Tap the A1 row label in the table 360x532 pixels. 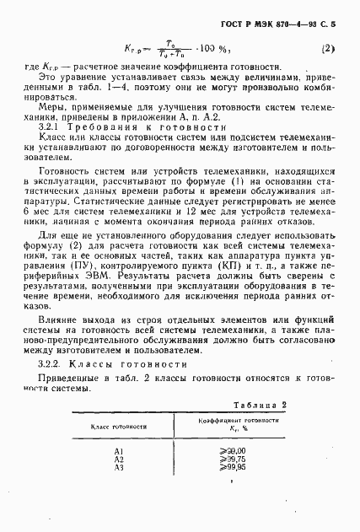[x=118, y=452]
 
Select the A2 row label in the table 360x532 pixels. [x=118, y=459]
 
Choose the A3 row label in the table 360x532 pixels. [x=118, y=467]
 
